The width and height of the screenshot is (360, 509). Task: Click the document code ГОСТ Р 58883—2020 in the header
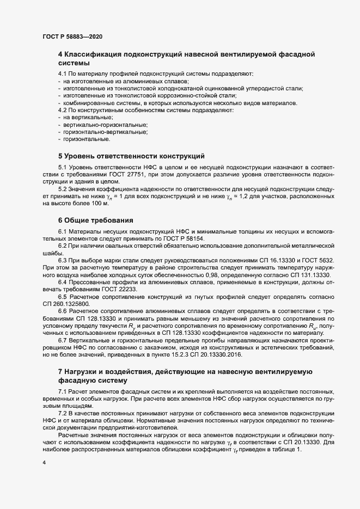tap(72, 36)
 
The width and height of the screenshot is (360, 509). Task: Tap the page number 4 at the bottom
tap(44, 463)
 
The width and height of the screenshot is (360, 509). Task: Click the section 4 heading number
tap(60, 54)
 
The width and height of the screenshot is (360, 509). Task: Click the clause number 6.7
tap(63, 339)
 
